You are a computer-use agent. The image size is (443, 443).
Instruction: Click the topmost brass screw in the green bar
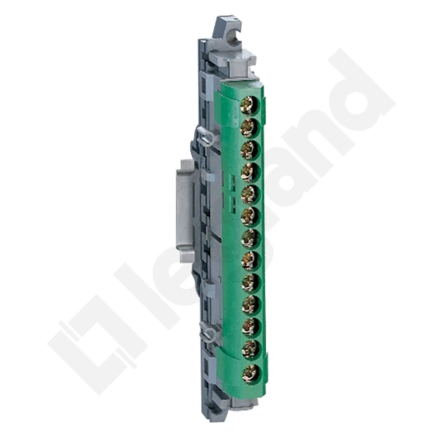coord(249,105)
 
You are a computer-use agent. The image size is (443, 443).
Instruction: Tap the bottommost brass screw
coord(250,373)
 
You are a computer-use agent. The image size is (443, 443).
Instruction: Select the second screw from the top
coord(249,128)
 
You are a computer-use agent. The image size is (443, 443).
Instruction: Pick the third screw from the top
coord(249,150)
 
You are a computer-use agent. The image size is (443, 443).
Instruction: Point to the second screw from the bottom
coord(250,349)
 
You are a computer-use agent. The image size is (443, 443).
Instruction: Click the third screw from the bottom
coord(250,327)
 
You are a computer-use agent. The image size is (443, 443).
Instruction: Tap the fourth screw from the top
coord(249,172)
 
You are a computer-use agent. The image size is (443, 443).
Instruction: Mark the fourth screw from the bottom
coord(250,305)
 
